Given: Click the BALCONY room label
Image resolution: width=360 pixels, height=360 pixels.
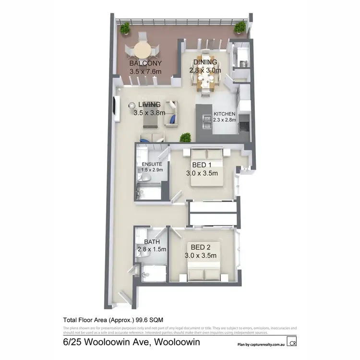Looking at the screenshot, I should [x=145, y=63].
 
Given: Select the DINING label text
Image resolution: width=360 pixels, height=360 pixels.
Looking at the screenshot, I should [x=205, y=62].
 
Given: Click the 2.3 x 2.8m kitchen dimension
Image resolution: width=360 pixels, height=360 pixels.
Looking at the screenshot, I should [x=225, y=120].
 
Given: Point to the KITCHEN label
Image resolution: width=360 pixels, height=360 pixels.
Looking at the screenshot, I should [x=225, y=114].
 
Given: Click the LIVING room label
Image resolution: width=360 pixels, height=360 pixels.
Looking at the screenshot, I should [x=149, y=105].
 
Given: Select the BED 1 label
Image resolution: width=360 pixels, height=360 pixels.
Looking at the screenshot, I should [x=202, y=165].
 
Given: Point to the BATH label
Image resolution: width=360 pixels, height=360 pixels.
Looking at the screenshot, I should [x=152, y=242].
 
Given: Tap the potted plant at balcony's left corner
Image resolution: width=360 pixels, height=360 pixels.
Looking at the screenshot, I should [x=125, y=29].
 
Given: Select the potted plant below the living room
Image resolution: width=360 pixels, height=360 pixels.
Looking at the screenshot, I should [x=184, y=138].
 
